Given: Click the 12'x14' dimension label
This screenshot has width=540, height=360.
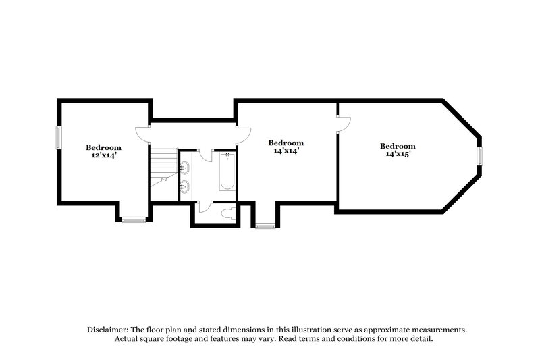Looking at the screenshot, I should [x=103, y=155].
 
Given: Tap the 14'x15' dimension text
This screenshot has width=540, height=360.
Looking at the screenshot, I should [x=397, y=154].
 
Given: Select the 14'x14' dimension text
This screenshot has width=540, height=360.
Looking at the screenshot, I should [x=286, y=151].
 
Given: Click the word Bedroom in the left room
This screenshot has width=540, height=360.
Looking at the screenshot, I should [x=103, y=147].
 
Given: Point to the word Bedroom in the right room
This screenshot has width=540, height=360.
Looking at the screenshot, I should [x=397, y=146].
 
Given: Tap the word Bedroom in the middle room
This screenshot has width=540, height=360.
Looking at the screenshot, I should [x=286, y=143].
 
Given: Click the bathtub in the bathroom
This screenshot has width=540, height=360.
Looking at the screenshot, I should [x=227, y=172].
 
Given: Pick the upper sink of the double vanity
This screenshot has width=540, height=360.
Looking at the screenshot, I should [x=185, y=166].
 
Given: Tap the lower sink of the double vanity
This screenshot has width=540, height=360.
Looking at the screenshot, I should [x=185, y=186].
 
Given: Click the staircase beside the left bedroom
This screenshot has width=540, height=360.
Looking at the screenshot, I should [x=162, y=169].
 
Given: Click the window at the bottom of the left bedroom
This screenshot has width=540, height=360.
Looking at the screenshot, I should [x=134, y=219].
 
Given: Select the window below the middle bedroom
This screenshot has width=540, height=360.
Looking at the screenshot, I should [x=265, y=226].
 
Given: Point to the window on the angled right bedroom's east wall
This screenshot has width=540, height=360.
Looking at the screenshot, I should [x=480, y=157].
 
